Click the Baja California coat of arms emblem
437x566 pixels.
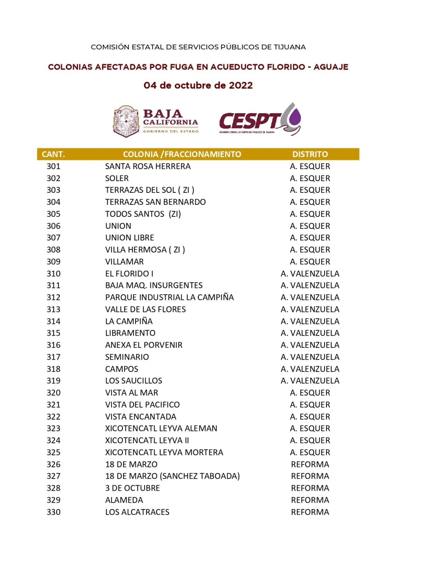tap(126, 121)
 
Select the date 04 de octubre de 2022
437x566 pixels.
tap(198, 85)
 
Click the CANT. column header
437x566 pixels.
tap(53, 154)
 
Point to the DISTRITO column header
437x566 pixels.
tap(310, 154)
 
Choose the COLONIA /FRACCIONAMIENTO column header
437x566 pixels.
tap(182, 154)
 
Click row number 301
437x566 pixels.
tap(53, 166)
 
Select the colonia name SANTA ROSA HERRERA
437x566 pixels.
tap(148, 166)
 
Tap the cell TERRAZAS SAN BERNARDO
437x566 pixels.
tap(155, 202)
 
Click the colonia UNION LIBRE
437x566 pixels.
tap(129, 238)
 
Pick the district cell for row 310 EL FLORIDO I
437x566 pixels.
tap(310, 273)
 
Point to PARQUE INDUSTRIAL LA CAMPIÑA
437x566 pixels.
tap(169, 297)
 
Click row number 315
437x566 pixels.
tap(53, 333)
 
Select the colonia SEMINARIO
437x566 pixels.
tap(127, 357)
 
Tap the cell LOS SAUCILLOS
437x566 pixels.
tap(134, 381)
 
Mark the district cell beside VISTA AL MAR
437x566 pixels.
tap(310, 393)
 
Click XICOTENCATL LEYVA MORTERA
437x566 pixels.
tap(164, 452)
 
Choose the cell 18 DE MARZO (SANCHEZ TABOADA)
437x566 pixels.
tap(172, 476)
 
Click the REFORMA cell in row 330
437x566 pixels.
tap(310, 512)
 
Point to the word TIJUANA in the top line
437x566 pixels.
tap(290, 47)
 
